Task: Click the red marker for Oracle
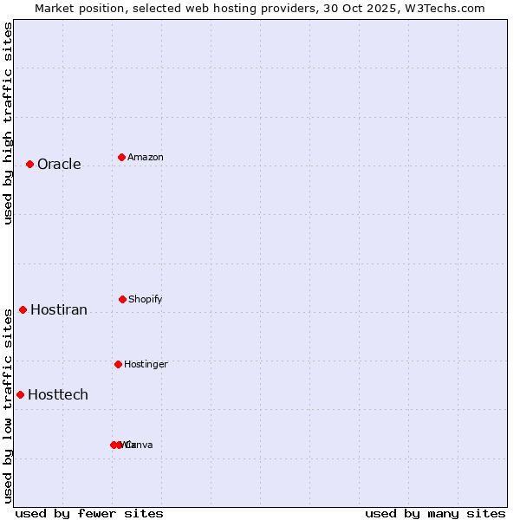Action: [x=29, y=164]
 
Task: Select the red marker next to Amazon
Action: [x=121, y=157]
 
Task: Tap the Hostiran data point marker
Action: [x=23, y=309]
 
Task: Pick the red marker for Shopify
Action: [x=122, y=299]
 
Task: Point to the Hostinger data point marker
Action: [x=118, y=364]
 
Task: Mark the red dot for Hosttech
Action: [x=20, y=394]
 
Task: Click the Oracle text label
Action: [x=59, y=164]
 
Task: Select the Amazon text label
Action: [x=146, y=157]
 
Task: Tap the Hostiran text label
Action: [x=59, y=309]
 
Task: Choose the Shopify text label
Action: [x=146, y=299]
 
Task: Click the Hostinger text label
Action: [x=146, y=364]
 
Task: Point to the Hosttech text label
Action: [x=58, y=394]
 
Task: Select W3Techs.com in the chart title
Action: [x=445, y=8]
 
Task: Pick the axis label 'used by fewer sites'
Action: [x=89, y=513]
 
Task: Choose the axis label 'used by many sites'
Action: [x=435, y=513]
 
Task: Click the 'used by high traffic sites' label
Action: [x=8, y=123]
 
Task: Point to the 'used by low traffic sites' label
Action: [x=8, y=406]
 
